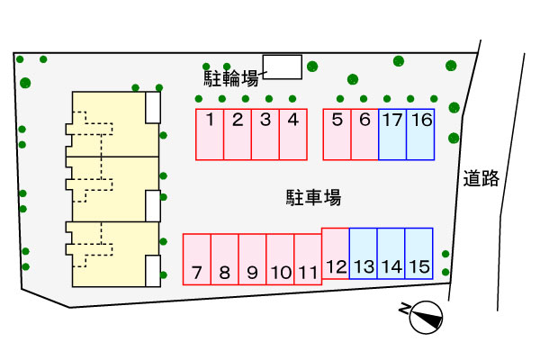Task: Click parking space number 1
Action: (x=210, y=134)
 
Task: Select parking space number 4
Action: (x=293, y=134)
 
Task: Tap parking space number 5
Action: (x=337, y=134)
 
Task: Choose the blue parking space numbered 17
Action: (x=392, y=134)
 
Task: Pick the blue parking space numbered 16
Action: (x=420, y=134)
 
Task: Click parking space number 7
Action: (x=196, y=259)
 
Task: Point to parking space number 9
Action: (x=252, y=259)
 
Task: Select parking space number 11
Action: (x=308, y=259)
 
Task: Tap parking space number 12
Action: (x=336, y=253)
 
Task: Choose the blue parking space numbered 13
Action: (x=364, y=253)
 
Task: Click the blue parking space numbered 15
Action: (x=419, y=253)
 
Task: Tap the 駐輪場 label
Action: (x=232, y=77)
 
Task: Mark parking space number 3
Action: (x=265, y=134)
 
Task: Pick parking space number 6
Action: (x=364, y=134)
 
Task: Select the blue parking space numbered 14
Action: (x=391, y=253)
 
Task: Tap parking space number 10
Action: (x=280, y=259)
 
